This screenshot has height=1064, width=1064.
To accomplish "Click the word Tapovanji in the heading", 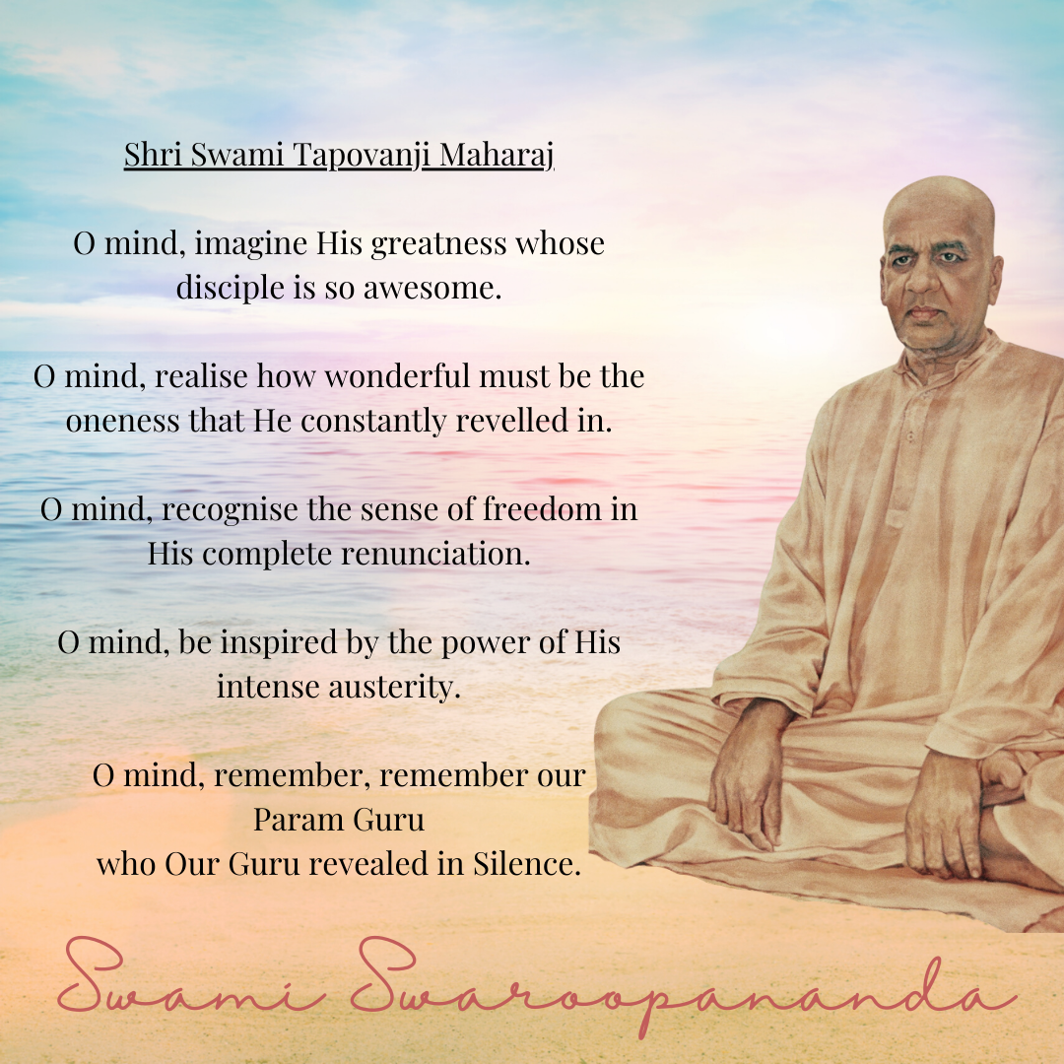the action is [x=358, y=156].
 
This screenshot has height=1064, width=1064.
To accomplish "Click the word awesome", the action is [x=432, y=288].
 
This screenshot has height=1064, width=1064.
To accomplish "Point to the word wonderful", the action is [x=397, y=375].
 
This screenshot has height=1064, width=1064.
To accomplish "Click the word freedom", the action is [x=542, y=509].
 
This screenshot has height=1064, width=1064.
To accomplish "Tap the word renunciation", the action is [x=435, y=554].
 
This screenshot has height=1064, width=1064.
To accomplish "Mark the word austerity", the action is [x=395, y=687].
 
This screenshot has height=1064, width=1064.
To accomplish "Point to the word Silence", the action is [x=527, y=864].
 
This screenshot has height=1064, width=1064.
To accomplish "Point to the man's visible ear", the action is [x=993, y=278].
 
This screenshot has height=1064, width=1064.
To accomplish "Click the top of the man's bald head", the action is [x=940, y=179].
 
